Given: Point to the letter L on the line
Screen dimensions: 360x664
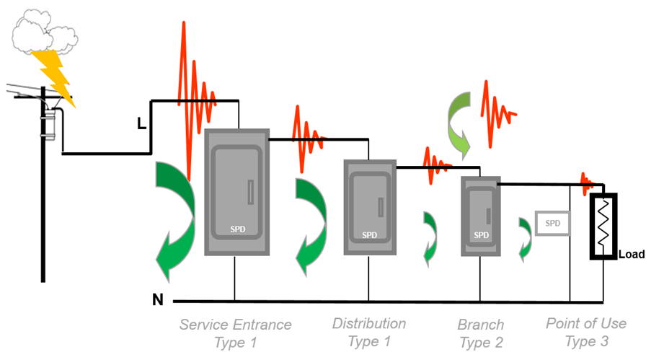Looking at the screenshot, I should pyautogui.click(x=142, y=124).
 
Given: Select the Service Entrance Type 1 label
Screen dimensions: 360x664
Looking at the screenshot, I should pyautogui.click(x=236, y=333).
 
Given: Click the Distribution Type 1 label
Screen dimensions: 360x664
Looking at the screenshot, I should pyautogui.click(x=369, y=332).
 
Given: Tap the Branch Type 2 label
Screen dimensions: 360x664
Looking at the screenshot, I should pyautogui.click(x=481, y=333).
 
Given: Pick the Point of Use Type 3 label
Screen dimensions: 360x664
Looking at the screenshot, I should pyautogui.click(x=586, y=332).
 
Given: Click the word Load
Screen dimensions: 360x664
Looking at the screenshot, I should pyautogui.click(x=632, y=254).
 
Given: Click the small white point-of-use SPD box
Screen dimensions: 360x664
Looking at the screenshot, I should pyautogui.click(x=553, y=224).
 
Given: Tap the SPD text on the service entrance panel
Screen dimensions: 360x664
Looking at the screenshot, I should pyautogui.click(x=237, y=229).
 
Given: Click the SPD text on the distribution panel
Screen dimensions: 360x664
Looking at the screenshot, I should pyautogui.click(x=369, y=234).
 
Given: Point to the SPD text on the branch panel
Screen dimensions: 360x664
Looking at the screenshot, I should pyautogui.click(x=481, y=234).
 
